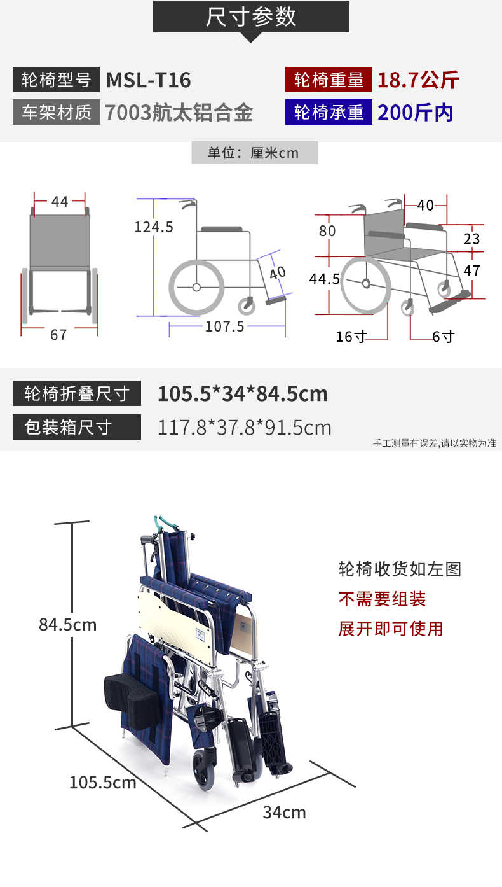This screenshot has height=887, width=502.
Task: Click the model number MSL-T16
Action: [x=148, y=80]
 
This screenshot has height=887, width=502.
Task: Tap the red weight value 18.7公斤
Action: [x=417, y=80]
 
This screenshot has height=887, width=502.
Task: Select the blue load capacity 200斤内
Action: [x=416, y=113]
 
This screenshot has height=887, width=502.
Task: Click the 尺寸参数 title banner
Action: [x=251, y=17]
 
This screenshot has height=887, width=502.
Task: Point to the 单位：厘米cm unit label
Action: [x=254, y=153]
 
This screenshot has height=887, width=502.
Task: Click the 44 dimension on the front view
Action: [x=60, y=202]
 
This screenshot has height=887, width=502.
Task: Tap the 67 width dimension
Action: [x=58, y=335]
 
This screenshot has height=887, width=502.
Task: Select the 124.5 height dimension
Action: [x=154, y=227]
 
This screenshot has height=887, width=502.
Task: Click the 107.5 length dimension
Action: [x=225, y=326]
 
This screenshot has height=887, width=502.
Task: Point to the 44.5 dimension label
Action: [x=324, y=279]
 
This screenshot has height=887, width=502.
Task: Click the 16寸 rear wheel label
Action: [x=351, y=337]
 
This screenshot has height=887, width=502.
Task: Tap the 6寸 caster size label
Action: [x=443, y=337]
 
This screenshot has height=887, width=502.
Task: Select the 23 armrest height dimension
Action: [x=471, y=239]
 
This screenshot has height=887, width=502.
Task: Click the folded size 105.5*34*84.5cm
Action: [x=243, y=394]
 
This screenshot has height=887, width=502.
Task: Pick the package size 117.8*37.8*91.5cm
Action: [x=245, y=428]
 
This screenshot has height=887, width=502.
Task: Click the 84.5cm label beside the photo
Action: [x=67, y=624]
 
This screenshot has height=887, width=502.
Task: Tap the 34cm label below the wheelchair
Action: [x=285, y=812]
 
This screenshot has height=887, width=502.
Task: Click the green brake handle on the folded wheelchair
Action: [x=166, y=524]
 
